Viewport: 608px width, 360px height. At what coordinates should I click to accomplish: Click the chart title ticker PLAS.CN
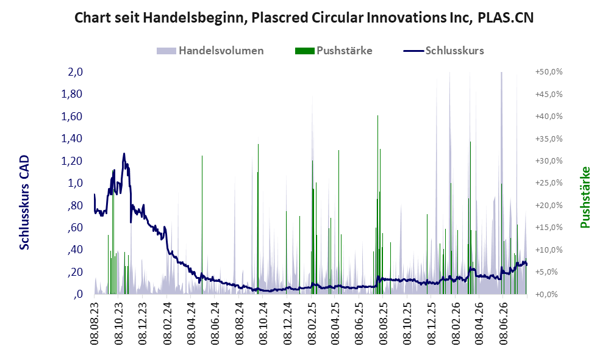[506, 18]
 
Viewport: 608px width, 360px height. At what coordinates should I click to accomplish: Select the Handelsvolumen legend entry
[210, 51]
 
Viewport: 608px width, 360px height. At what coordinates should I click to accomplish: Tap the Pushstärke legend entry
[334, 51]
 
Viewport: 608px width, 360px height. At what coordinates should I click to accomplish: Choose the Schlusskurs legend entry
[443, 51]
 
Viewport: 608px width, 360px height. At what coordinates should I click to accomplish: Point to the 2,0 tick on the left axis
[75, 72]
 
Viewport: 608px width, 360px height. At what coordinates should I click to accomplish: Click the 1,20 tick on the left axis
[72, 160]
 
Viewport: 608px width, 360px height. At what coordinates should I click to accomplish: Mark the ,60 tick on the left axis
[75, 228]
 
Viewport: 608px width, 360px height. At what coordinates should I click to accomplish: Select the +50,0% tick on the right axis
[549, 72]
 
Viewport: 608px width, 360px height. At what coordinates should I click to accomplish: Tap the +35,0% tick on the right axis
[549, 139]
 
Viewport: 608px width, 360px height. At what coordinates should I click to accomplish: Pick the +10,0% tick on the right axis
[549, 250]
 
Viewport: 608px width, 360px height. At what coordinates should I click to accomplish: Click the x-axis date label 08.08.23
[95, 323]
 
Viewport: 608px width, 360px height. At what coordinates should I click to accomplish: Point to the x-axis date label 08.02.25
[312, 323]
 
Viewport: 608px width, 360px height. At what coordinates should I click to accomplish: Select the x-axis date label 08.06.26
[503, 323]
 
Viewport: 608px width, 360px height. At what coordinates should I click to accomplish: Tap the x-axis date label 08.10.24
[263, 323]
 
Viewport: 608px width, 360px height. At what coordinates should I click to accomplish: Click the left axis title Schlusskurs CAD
[24, 202]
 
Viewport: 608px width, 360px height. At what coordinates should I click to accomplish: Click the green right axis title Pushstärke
[585, 197]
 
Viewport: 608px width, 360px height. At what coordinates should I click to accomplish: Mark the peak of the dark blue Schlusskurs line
[124, 153]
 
